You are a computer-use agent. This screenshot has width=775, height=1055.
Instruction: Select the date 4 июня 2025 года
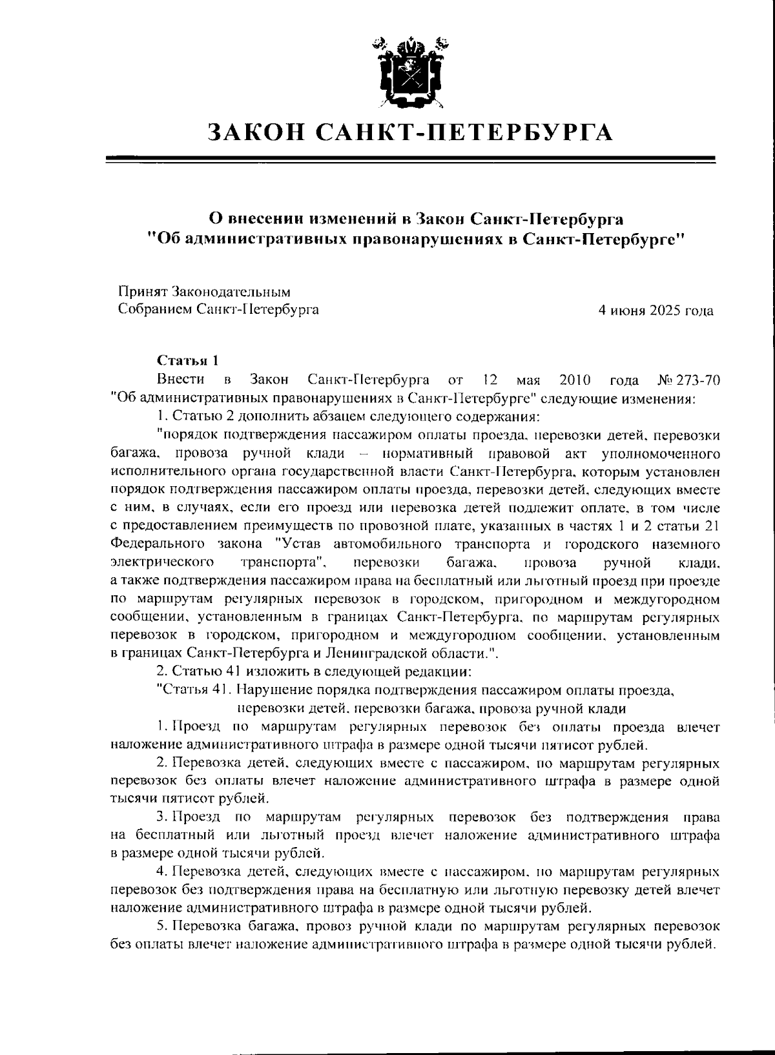[x=656, y=311]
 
